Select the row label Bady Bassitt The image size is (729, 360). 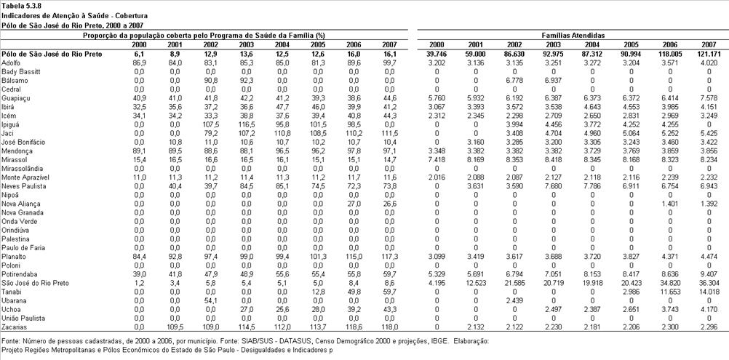pyautogui.click(x=21, y=71)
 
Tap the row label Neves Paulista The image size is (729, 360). pyautogui.click(x=23, y=186)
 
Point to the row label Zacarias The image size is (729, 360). pyautogui.click(x=15, y=327)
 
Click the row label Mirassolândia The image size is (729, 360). pyautogui.click(x=23, y=169)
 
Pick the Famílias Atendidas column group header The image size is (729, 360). pyautogui.click(x=573, y=36)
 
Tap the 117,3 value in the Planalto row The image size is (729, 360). pyautogui.click(x=389, y=257)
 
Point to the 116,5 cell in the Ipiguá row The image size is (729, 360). pyautogui.click(x=247, y=124)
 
